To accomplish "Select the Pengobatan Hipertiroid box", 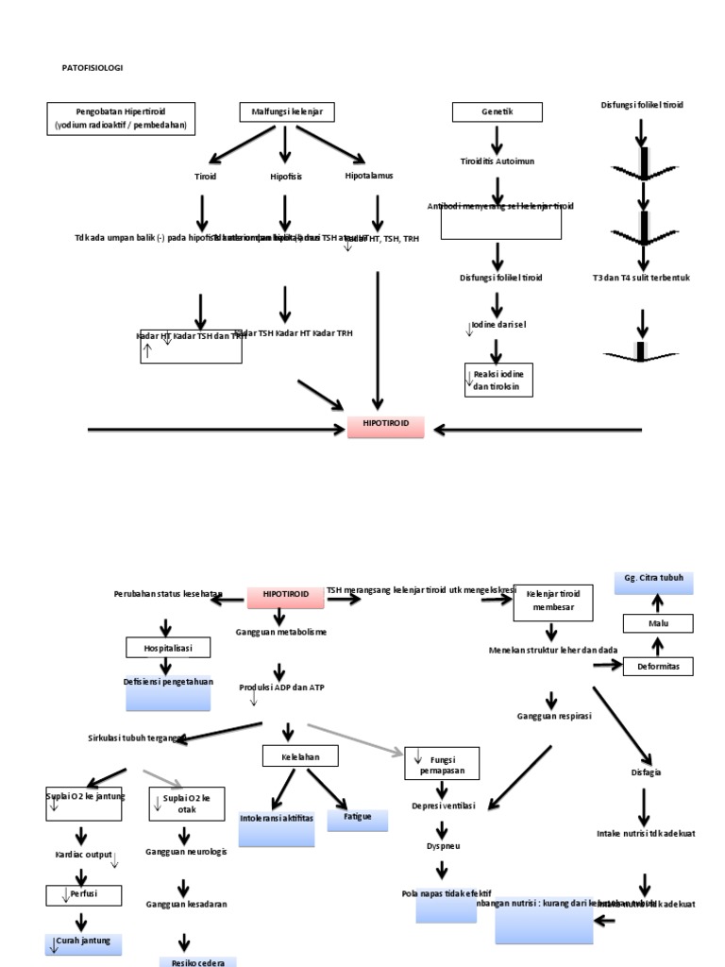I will (121, 118).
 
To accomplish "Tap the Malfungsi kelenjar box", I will (285, 113).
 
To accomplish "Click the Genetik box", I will (497, 113).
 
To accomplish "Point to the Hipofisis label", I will (284, 176).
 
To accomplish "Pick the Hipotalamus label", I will (369, 176).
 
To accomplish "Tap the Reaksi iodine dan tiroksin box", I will (498, 380).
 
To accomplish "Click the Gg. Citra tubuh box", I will (653, 582).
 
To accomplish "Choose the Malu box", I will (657, 623).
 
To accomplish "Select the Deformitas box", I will (658, 667).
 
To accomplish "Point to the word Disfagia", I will (645, 772).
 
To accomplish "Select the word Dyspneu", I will (442, 846).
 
